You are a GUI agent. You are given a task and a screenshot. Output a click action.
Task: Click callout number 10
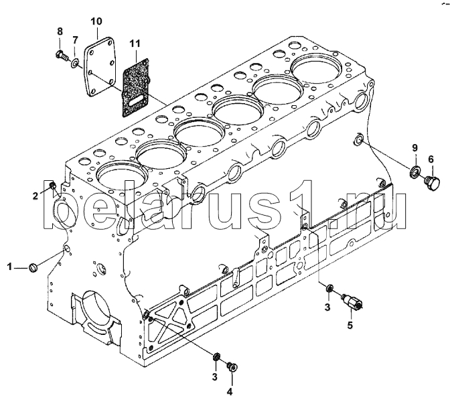click(x=96, y=21)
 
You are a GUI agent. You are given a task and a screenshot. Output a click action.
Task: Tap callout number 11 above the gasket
click(x=135, y=44)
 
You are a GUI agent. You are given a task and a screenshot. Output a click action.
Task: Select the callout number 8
click(x=60, y=31)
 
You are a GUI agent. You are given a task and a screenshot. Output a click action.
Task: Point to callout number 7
click(x=74, y=40)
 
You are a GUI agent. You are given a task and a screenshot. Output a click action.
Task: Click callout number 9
click(x=415, y=148)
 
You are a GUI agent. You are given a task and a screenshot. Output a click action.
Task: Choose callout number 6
click(x=431, y=159)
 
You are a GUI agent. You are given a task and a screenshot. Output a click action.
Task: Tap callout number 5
click(x=350, y=326)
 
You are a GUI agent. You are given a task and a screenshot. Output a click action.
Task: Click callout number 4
click(x=230, y=391)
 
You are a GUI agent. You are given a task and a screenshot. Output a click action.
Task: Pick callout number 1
click(x=9, y=267)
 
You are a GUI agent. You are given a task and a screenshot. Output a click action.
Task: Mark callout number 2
click(x=35, y=196)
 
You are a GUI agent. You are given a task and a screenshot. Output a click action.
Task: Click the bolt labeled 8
click(x=62, y=56)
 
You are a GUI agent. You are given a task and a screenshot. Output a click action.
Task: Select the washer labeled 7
click(x=75, y=63)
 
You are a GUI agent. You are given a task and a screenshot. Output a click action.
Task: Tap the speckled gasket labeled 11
click(x=136, y=88)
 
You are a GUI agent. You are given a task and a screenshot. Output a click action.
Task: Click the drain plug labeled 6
click(x=432, y=183)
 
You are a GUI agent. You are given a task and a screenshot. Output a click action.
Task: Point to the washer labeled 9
click(x=414, y=171)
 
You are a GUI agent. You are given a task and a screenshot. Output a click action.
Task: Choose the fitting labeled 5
click(x=352, y=301)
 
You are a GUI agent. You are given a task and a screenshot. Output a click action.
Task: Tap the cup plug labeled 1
click(x=33, y=267)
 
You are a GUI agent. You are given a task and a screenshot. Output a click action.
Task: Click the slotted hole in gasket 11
click(x=136, y=101)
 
